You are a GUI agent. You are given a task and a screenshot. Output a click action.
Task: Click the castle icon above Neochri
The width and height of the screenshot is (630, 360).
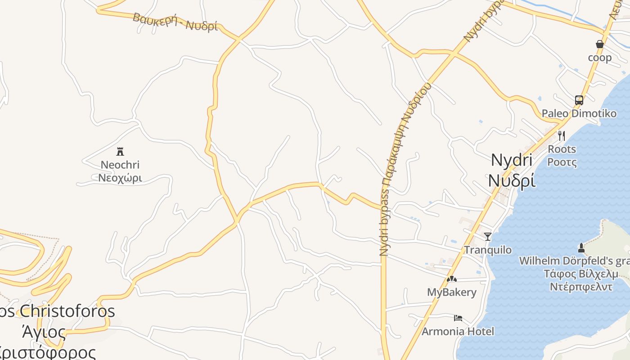pos(120,151)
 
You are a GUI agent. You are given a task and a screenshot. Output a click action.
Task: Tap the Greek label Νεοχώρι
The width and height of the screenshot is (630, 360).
pos(120,178)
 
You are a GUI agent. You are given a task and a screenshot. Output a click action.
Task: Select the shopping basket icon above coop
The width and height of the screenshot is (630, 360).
pos(600,44)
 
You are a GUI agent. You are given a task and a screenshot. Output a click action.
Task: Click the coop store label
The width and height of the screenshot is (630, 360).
pos(600,58)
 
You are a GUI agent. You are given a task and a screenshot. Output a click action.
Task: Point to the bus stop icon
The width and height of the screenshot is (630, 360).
pos(579,100)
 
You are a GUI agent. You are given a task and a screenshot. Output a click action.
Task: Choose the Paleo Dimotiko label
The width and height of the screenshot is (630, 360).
pos(579,113)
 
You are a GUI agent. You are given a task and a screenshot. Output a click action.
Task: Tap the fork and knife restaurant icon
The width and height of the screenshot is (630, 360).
pos(562,135)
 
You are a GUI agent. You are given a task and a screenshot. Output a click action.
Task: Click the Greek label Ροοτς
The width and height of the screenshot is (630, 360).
pos(562,162)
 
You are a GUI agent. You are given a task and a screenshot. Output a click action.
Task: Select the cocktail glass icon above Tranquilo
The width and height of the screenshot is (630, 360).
pos(488,236)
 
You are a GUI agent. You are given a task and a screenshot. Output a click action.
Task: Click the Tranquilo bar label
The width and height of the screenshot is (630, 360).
pos(488,250)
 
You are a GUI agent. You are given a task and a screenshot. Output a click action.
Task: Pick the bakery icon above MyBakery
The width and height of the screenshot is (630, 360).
pos(451,279)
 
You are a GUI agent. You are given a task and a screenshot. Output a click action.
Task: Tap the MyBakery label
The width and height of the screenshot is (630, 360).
pos(451,292)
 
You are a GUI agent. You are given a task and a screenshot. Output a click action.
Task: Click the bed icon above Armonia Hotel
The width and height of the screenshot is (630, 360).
pos(458,318)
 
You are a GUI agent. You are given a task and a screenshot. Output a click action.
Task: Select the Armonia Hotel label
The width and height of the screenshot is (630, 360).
pos(458,332)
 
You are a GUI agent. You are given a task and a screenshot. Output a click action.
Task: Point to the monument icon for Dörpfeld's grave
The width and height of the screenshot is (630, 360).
pos(581,247)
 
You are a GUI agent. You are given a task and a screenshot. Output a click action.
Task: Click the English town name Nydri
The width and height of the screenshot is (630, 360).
pos(512,160)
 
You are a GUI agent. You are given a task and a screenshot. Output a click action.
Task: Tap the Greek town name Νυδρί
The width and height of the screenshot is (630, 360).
pos(512,180)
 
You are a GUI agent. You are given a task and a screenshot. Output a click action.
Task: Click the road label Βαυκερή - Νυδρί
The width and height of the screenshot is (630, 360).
pos(175,22)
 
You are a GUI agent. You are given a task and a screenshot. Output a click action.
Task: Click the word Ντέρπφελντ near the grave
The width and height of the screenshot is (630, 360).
pos(580,287)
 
